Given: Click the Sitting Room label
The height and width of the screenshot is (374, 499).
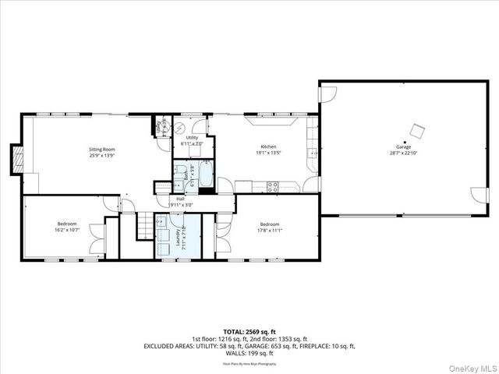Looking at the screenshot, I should click(102, 148).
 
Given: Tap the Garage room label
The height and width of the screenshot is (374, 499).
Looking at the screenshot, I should click(403, 147).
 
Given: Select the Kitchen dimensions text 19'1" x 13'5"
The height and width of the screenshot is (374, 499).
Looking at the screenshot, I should click(267, 153).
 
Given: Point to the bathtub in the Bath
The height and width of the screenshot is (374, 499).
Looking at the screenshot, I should click(206, 174).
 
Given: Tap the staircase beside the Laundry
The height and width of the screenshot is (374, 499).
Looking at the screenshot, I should click(144, 226).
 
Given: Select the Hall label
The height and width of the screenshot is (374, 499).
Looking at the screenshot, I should click(180, 199).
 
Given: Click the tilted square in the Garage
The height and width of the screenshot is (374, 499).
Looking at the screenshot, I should click(419, 129).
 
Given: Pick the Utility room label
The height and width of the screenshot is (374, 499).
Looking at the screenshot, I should click(191, 138).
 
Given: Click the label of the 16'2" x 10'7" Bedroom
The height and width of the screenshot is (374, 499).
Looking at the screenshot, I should click(67, 224).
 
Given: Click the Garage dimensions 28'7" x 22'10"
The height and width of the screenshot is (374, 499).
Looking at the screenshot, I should click(403, 153).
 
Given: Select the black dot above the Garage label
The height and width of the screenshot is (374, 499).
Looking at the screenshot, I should click(404, 141).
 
